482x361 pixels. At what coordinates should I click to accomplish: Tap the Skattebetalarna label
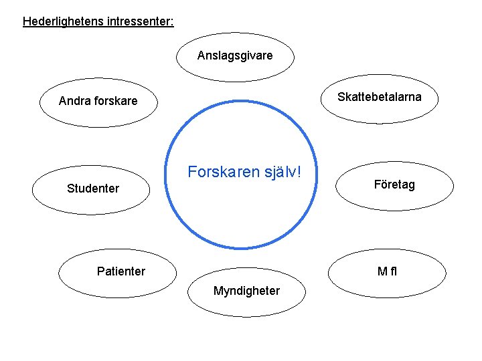coord(380,97)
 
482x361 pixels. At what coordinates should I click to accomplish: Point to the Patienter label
coord(120,271)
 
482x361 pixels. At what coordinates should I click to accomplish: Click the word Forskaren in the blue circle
coord(220,172)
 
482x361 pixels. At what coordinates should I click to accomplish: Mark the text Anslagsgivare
coord(235,56)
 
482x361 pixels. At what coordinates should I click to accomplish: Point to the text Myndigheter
coord(246,291)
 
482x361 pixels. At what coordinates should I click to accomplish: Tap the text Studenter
coord(93,189)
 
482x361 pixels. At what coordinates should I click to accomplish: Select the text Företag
coord(394,185)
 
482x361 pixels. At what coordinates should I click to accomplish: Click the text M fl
coord(388,271)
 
